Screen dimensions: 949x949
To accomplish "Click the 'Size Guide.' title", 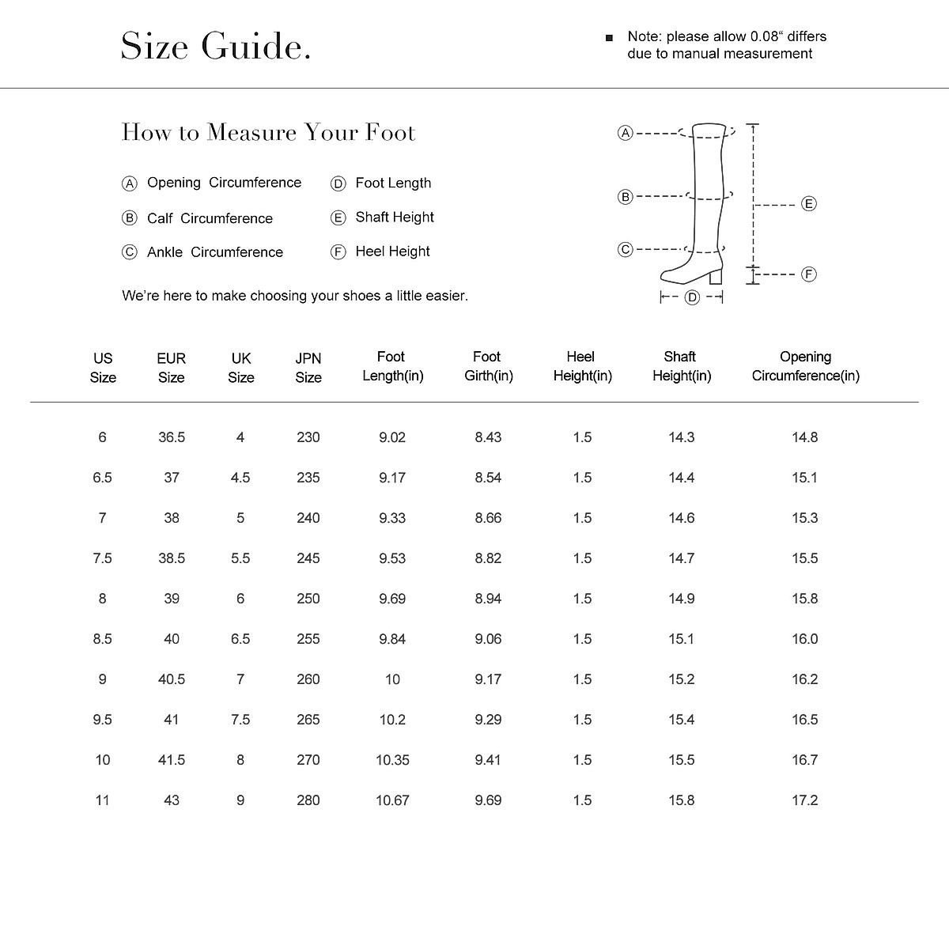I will point(215,46).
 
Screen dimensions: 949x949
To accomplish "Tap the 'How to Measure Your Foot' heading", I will point(268,132).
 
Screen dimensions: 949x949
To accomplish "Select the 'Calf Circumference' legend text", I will point(210,218).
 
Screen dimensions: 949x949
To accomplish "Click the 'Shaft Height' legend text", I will point(395,217).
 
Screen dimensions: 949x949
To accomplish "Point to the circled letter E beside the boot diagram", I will point(808,204).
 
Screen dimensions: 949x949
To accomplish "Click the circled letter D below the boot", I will point(692,297).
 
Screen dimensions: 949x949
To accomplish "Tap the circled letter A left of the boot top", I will point(625,133).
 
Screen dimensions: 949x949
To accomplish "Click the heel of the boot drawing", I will point(716,276).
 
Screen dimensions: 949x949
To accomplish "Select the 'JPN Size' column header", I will point(308,368).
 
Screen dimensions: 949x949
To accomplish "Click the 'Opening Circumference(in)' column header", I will point(805,367).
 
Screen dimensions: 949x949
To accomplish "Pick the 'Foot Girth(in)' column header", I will point(488,367).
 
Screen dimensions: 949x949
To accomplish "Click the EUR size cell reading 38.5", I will point(172,558).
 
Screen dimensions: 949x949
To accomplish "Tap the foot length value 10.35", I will point(392,760).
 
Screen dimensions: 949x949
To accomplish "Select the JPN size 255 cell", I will point(308,639).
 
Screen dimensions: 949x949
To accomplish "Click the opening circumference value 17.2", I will point(804,800).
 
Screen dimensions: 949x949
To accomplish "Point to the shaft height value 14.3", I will point(681,437).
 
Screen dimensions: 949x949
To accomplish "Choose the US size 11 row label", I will point(102,800).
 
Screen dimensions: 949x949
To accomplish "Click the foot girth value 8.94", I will point(488,599).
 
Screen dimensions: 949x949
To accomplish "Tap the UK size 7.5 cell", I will point(240,720).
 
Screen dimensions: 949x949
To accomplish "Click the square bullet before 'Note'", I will point(609,38).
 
